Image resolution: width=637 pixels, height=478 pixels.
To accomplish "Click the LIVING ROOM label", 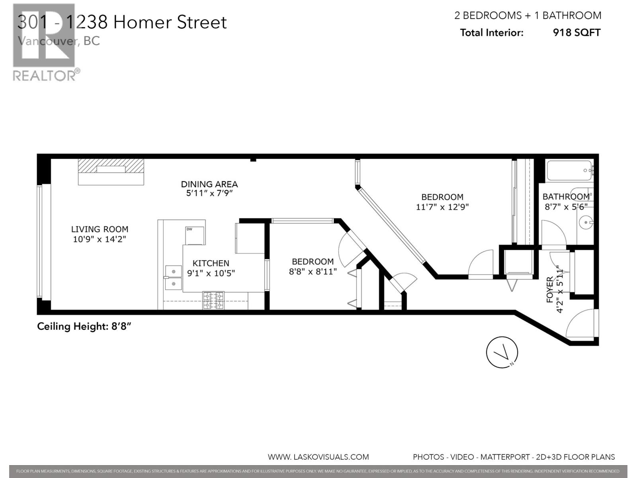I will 100,229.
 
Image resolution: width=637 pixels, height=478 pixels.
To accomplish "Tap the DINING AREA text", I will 209,184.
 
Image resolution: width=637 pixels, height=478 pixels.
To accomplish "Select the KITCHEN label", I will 211,263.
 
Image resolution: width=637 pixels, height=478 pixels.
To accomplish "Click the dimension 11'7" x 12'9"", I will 442,207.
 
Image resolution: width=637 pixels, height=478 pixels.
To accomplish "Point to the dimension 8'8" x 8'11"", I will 313,272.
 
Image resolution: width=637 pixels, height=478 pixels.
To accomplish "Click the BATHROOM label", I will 566,197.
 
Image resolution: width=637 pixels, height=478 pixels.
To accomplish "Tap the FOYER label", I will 550,290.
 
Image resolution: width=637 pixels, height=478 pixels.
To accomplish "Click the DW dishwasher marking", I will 189,229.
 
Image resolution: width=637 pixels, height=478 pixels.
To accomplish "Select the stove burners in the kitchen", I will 214,301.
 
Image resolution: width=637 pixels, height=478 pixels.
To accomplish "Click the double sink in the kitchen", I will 174,277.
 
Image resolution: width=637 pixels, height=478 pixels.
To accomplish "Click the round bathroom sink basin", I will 586,222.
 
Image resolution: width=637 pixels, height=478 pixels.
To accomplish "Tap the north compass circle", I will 502,353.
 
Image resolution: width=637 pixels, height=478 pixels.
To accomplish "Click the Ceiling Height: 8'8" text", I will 84,327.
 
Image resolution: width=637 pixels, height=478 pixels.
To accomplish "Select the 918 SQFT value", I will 576,33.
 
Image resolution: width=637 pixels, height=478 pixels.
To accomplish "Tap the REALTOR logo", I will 45,42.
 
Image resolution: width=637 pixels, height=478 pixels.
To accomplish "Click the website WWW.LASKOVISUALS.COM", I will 318,457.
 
